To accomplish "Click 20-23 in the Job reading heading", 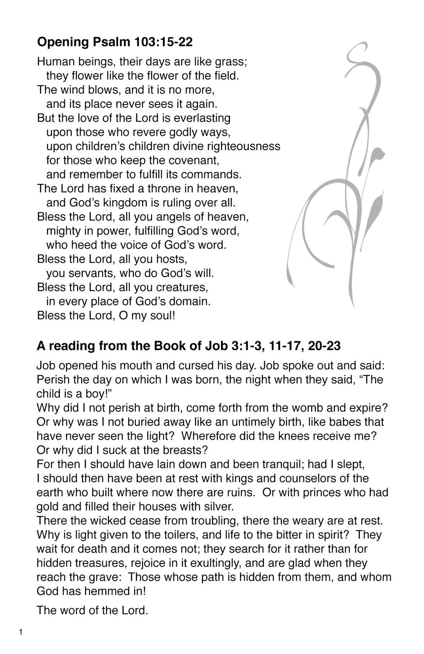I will (324, 346).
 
